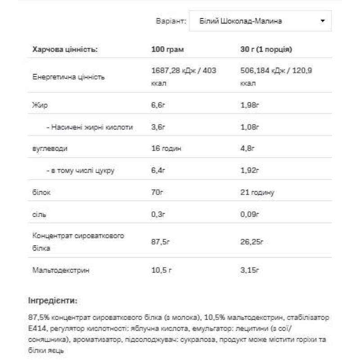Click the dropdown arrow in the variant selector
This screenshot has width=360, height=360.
tap(322, 21)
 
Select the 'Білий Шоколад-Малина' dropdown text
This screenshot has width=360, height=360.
tap(239, 21)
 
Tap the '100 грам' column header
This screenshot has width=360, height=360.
tap(167, 49)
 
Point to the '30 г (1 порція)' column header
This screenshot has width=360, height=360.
tap(267, 49)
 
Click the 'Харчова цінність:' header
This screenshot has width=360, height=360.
tap(65, 49)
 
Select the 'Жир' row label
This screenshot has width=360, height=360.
tap(40, 106)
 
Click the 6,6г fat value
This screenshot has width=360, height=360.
tap(158, 106)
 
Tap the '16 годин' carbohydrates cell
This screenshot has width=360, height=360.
tap(166, 149)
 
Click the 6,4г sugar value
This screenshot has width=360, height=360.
tap(158, 171)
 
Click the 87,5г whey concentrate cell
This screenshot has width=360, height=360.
tap(160, 242)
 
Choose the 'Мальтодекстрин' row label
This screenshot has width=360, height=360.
tap(61, 270)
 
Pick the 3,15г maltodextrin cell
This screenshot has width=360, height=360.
tap(251, 270)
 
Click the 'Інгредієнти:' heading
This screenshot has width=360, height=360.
tap(53, 300)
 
